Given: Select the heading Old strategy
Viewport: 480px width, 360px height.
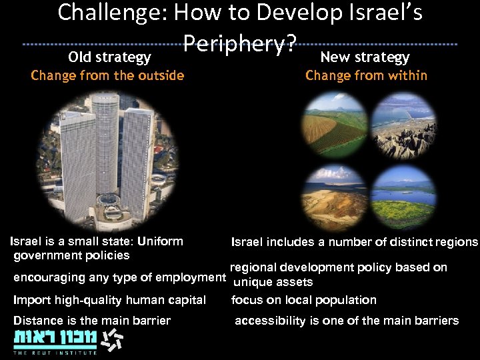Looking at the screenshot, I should (x=109, y=58).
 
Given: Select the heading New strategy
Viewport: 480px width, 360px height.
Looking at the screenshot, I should (x=365, y=57).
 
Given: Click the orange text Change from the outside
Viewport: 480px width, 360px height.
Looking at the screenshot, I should (x=107, y=75).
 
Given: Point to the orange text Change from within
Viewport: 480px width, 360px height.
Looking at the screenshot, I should (x=366, y=75).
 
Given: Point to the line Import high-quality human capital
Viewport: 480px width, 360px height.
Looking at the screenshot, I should (x=109, y=300).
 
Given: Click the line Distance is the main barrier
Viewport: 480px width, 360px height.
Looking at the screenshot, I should (x=92, y=321).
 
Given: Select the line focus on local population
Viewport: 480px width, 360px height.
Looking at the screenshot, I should (x=303, y=300).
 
